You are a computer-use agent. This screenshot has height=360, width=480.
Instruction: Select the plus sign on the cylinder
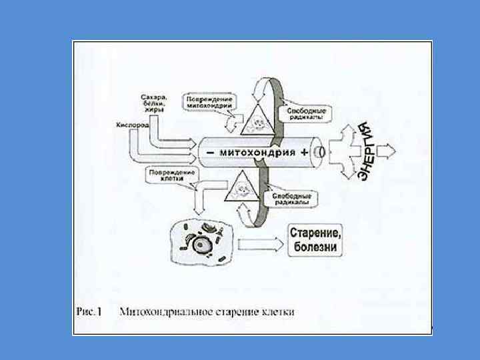click(305, 151)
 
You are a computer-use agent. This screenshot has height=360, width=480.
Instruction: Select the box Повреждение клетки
click(172, 175)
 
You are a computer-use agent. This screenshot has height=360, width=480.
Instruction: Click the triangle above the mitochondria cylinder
click(257, 119)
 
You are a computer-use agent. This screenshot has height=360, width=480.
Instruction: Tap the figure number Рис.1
click(88, 311)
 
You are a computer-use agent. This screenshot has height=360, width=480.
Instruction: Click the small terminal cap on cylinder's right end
click(321, 151)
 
